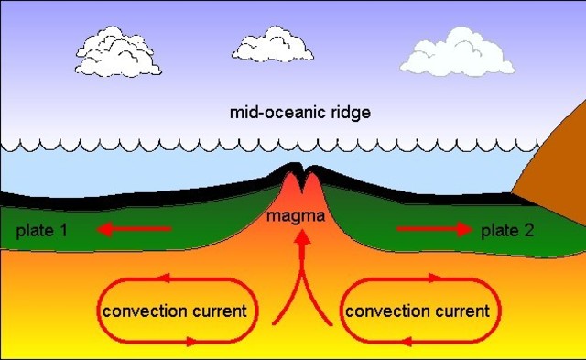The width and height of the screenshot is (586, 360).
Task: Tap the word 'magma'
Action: pyautogui.click(x=292, y=217)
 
